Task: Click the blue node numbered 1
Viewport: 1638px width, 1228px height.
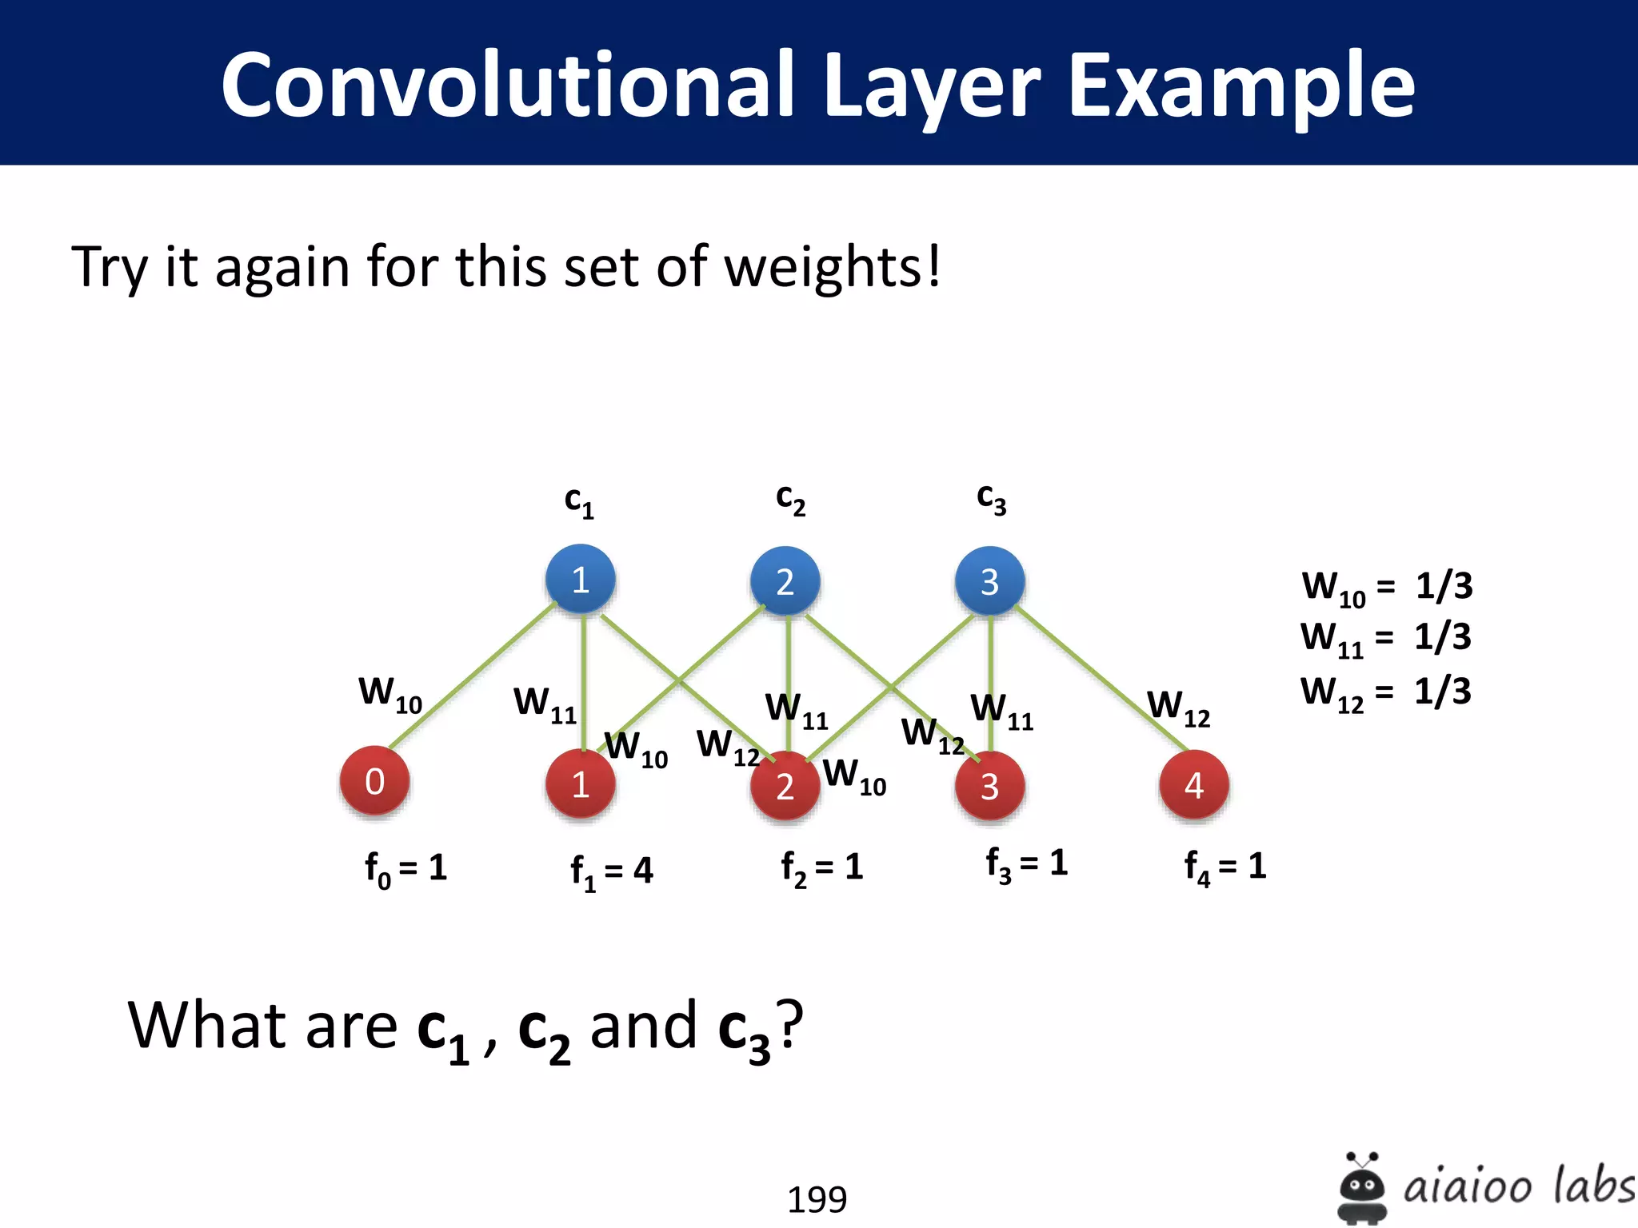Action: pos(581,580)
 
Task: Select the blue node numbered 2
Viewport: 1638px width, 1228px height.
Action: pos(785,581)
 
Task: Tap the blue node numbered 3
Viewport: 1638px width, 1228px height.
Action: pos(990,581)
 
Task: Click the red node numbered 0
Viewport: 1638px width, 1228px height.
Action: pos(374,781)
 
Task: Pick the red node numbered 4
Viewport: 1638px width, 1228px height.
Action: pos(1194,785)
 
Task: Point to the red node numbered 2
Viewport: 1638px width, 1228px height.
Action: pos(785,786)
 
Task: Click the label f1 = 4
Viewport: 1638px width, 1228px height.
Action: pos(612,871)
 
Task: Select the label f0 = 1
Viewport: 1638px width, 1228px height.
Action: pos(406,868)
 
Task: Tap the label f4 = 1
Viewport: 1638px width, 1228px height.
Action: pos(1225,867)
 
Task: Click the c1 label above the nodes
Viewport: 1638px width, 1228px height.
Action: pos(579,501)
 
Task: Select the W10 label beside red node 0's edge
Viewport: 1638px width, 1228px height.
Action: pos(390,693)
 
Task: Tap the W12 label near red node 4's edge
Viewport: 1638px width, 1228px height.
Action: pos(1178,708)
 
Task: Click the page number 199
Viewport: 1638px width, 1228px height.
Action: pos(817,1199)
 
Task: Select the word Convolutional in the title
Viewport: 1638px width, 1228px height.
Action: pos(508,85)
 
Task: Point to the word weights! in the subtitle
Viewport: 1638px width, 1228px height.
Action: pos(833,266)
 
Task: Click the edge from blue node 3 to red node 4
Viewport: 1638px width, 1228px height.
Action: pos(1104,680)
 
